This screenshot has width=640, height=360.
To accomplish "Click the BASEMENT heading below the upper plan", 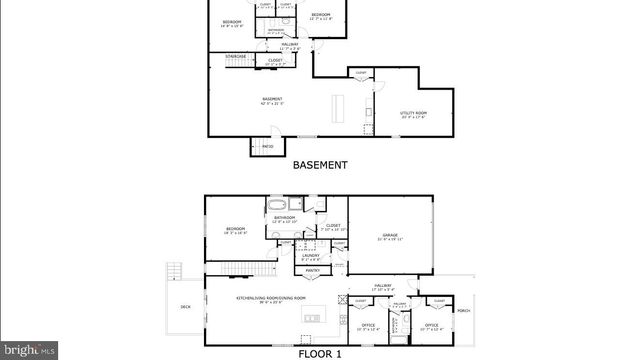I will tap(320, 165).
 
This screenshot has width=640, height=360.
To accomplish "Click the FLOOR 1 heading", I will tap(320, 354).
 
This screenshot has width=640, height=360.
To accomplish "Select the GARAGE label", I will tap(390, 236).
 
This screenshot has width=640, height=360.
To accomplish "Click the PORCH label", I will tap(463, 310).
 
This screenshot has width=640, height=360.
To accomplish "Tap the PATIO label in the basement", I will tap(267, 147).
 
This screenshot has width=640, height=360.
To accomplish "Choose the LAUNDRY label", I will tap(311, 257).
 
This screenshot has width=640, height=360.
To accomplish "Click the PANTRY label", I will tap(312, 270).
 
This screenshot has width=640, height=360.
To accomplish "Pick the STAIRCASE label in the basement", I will tap(236, 56).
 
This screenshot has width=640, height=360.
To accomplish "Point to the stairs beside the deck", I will tap(176, 273).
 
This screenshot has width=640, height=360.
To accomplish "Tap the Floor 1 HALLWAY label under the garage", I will tap(384, 286).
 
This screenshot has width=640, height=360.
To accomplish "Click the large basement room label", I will tap(272, 99).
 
